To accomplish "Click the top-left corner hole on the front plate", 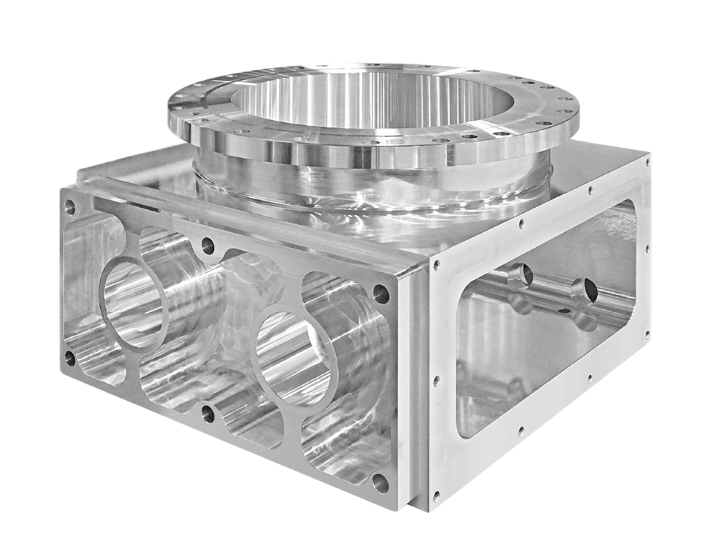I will [69, 207].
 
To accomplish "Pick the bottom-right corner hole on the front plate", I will [380, 483].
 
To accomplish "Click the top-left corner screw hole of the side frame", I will [434, 266].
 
